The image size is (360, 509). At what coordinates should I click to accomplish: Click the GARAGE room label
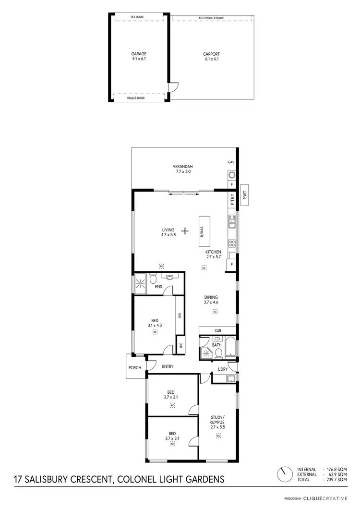coord(139,54)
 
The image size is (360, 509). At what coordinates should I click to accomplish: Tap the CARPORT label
coord(211,54)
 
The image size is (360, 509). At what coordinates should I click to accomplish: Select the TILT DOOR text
coord(137,17)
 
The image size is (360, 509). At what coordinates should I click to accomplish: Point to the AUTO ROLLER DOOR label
coord(212,18)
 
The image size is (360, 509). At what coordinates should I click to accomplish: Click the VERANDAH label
coord(182,167)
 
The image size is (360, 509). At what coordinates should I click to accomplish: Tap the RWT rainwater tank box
coord(244,195)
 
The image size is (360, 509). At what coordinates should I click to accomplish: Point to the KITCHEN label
coord(213,252)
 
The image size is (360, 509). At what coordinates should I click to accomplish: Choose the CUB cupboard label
coord(217,330)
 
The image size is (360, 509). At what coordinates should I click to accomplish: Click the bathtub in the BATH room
coord(230,348)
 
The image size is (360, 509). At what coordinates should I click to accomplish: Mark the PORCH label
coord(134,368)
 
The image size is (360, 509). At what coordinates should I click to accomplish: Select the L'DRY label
coord(222,369)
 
